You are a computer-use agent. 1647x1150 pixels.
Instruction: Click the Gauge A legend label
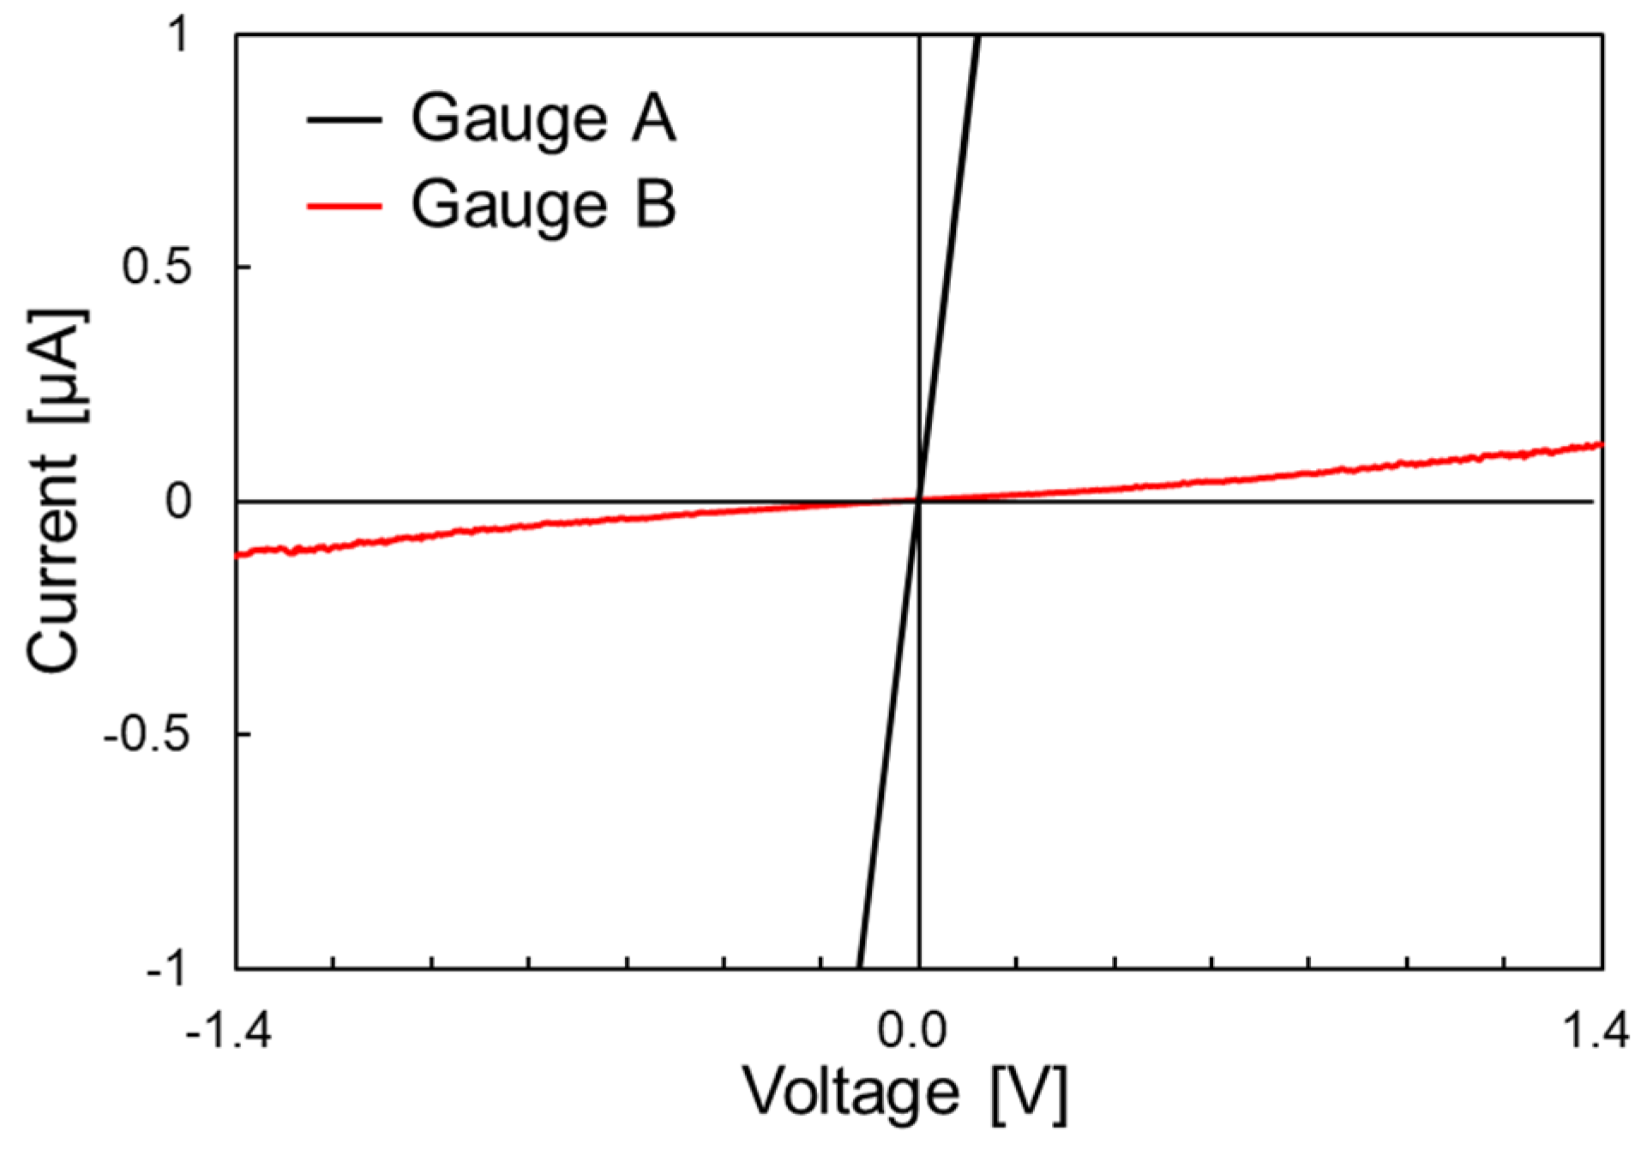coord(543,120)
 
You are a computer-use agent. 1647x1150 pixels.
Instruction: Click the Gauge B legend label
coord(543,206)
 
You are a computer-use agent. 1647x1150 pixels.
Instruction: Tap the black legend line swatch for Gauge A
coord(344,119)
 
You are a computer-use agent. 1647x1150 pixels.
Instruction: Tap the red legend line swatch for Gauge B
coord(344,205)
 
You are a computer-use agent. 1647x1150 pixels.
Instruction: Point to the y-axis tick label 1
coord(178,36)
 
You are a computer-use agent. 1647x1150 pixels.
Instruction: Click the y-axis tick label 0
coord(178,501)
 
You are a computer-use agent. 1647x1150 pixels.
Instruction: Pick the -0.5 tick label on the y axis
coord(147,735)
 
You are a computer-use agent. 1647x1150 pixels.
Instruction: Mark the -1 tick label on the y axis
coord(168,968)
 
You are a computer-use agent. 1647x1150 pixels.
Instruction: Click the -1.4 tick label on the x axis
coord(228,1030)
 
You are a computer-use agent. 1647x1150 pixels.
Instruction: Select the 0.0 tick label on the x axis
coord(911,1030)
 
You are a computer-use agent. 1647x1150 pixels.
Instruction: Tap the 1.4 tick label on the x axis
coord(1596,1030)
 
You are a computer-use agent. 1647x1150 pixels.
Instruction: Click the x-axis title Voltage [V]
coord(905,1094)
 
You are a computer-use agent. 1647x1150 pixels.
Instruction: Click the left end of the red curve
coord(237,556)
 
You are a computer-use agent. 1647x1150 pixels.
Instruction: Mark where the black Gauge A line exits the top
coord(977,36)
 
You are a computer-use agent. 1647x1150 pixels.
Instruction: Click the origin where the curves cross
coord(919,500)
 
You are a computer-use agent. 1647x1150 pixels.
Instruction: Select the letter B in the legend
coord(655,206)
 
